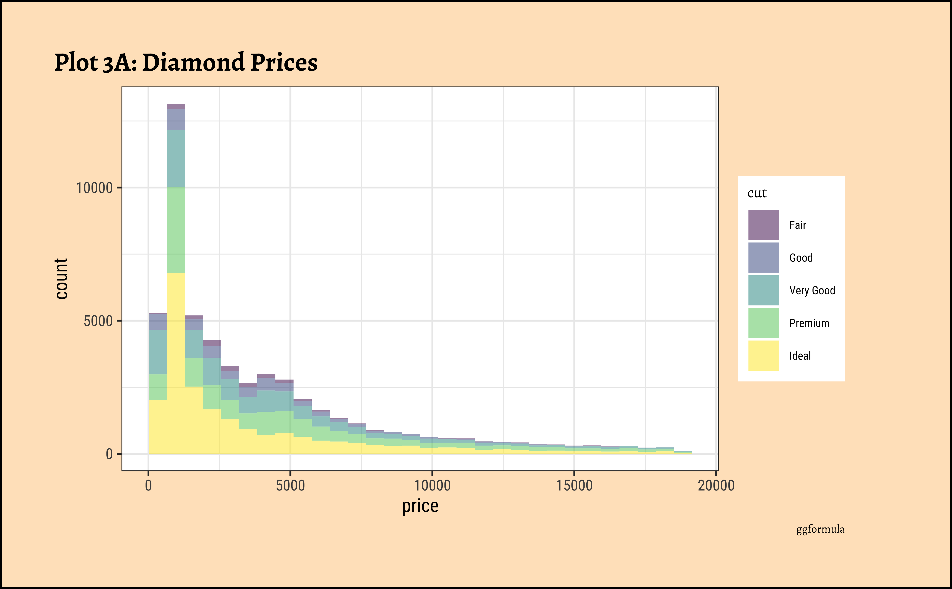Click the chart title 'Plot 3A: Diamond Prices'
[x=186, y=62]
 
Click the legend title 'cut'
[x=757, y=193]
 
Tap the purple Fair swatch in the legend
[x=763, y=225]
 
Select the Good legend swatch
[x=763, y=257]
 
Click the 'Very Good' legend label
[x=812, y=291]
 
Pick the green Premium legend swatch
[x=763, y=323]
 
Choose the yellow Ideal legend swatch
[x=763, y=356]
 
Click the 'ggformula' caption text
[x=820, y=529]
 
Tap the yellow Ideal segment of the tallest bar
[x=176, y=362]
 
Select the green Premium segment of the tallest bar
[x=176, y=230]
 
